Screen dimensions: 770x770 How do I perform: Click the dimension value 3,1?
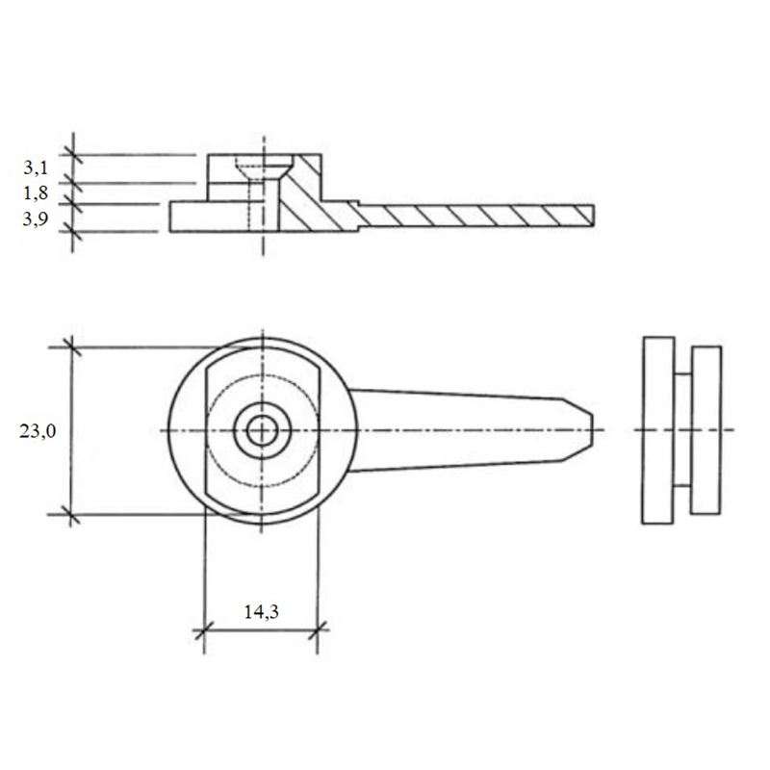pos(36,167)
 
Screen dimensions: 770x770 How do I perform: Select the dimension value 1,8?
pos(36,193)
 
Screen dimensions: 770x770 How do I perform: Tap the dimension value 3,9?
pos(36,218)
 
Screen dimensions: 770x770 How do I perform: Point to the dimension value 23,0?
pos(38,431)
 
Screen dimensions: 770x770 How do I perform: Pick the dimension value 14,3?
pos(261,611)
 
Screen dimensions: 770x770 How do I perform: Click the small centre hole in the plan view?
pos(262,430)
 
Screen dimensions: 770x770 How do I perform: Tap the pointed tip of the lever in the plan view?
pos(592,430)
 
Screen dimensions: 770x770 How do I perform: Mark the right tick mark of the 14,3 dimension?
pos(318,629)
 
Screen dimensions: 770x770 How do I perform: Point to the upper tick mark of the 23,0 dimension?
pos(72,347)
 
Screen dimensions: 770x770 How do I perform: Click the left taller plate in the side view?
pos(658,430)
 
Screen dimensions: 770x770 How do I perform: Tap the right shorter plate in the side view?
pos(706,430)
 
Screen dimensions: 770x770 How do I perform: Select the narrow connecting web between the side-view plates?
pos(682,430)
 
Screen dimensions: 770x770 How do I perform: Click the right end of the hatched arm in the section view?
pos(593,215)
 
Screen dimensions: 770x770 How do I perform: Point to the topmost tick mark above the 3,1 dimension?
pos(73,155)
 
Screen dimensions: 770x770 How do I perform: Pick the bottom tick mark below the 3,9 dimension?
pos(73,231)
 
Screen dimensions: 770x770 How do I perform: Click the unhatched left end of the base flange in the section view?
pos(210,216)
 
